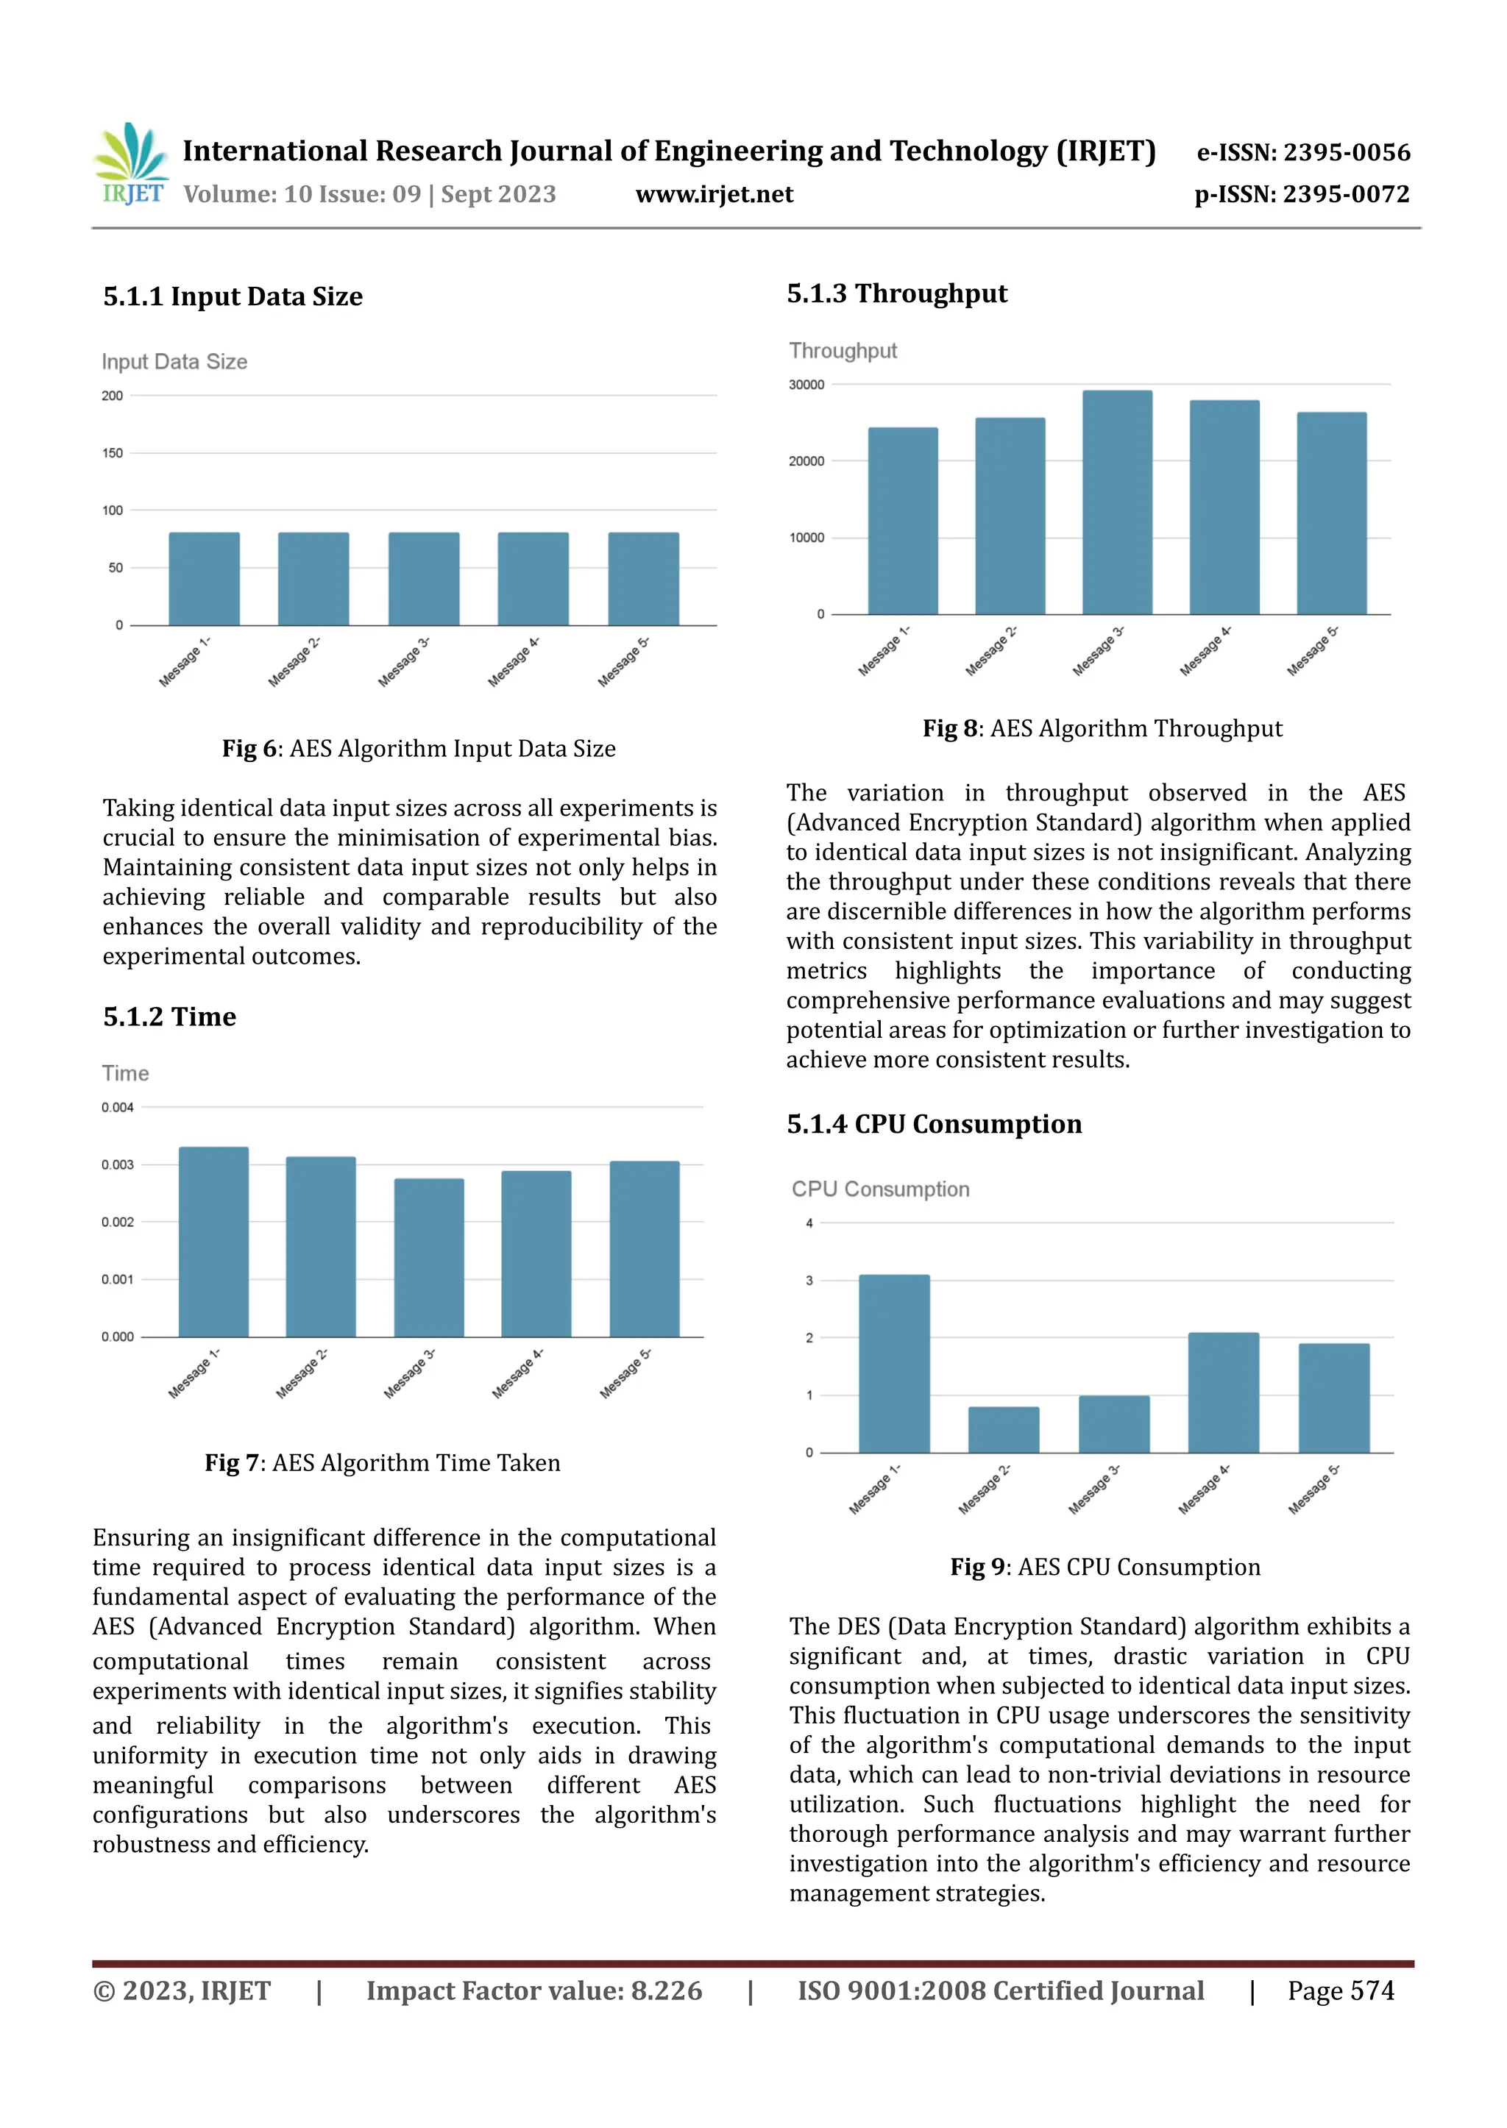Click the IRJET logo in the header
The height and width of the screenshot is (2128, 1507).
point(131,164)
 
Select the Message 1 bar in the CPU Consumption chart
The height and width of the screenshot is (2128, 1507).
point(893,1364)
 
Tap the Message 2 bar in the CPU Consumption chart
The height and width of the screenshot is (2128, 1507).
point(1003,1429)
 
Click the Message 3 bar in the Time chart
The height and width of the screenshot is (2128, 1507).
point(429,1257)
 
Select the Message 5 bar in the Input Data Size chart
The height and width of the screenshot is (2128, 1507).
point(643,579)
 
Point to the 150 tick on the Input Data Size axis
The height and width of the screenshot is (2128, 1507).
point(113,452)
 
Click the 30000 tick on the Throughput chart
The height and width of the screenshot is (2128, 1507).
point(806,385)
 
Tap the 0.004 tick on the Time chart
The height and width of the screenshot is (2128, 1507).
point(118,1108)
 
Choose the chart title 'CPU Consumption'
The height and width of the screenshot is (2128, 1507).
point(880,1189)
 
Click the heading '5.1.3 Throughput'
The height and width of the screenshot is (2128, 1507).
point(896,294)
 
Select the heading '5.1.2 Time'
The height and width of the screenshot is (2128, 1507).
point(170,1017)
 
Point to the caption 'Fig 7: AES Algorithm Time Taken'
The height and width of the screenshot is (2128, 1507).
point(383,1463)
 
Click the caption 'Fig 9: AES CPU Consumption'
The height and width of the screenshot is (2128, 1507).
point(1104,1567)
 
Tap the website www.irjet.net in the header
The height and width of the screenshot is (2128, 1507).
point(714,194)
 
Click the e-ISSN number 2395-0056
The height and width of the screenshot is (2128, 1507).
point(1347,152)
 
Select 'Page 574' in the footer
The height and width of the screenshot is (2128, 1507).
point(1340,1990)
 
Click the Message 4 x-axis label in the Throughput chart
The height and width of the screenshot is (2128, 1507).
point(1205,651)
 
